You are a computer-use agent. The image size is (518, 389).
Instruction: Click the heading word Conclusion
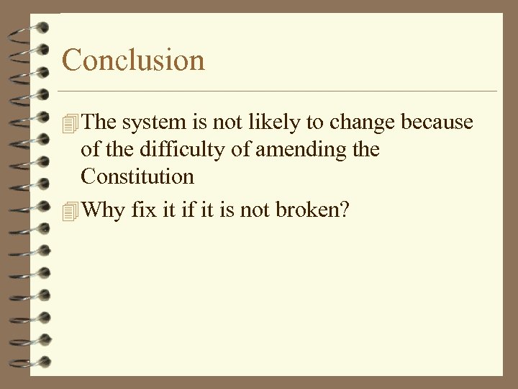pos(133,59)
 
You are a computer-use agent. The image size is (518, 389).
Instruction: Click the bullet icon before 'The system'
pos(69,123)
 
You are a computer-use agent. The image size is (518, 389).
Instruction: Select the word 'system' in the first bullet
pos(150,123)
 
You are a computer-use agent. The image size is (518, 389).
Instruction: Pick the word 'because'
pos(437,122)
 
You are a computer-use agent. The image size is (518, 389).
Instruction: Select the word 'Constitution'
pos(137,176)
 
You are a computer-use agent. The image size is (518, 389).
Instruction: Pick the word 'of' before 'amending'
pos(242,150)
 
